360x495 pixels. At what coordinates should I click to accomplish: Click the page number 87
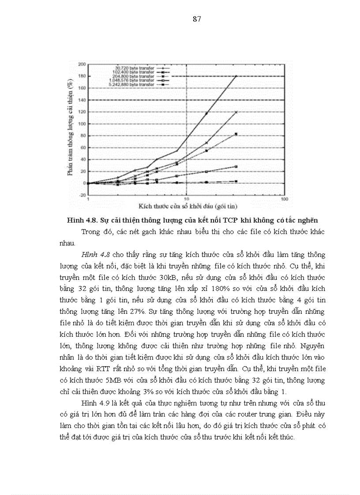[x=197, y=19]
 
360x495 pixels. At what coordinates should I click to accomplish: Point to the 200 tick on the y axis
[x=82, y=64]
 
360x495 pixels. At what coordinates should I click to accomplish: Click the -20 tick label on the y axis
[x=82, y=195]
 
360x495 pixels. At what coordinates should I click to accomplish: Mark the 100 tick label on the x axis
[x=284, y=200]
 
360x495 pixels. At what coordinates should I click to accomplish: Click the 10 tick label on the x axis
[x=186, y=200]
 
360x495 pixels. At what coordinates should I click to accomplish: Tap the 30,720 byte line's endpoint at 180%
[x=236, y=76]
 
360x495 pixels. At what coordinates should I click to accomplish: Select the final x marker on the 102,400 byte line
[x=236, y=112]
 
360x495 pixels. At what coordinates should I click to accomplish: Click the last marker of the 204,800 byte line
[x=236, y=134]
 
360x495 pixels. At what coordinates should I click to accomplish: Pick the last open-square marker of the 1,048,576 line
[x=236, y=167]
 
